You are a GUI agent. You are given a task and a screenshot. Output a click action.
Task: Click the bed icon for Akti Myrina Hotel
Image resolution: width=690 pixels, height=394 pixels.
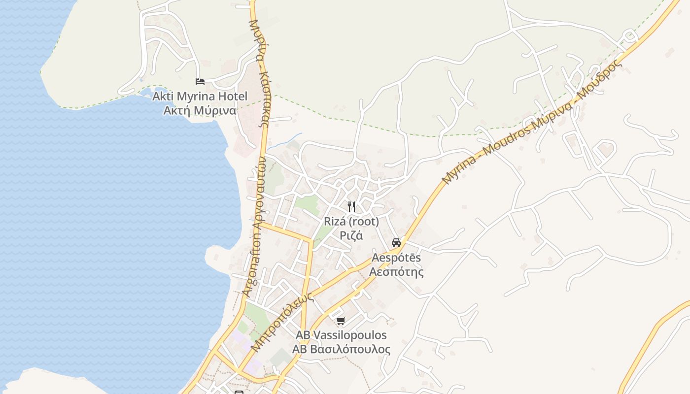pos(200,82)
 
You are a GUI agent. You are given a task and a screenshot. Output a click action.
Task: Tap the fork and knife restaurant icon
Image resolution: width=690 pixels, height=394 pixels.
pos(351,207)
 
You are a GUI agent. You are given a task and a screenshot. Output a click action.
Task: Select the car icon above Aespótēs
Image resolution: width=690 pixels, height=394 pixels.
pos(396,243)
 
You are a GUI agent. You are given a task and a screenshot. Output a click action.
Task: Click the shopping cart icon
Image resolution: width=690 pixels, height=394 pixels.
pos(341,321)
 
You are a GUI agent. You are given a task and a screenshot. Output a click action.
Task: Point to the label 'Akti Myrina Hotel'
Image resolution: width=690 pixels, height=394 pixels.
pos(200,96)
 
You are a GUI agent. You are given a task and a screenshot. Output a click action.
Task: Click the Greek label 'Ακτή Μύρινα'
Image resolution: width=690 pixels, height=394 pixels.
pos(200,110)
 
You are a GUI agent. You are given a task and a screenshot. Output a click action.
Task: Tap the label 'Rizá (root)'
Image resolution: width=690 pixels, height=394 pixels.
pos(351,222)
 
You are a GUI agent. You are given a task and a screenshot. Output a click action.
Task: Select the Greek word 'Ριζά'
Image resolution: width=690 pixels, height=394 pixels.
pos(351,235)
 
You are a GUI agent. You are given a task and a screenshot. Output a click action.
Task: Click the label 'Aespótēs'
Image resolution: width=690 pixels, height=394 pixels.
pos(396,258)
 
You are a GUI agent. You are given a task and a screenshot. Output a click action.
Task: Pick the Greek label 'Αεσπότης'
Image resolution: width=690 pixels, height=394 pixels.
pos(396,272)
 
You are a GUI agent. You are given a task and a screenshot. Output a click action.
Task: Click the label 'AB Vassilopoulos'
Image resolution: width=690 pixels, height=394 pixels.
pos(341,335)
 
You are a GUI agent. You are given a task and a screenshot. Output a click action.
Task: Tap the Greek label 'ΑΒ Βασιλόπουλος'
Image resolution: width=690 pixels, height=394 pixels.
pos(341,350)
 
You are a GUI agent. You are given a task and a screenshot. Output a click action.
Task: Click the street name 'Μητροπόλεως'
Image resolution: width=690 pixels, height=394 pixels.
pos(282,323)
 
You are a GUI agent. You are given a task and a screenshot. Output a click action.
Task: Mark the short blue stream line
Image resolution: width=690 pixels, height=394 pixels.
pos(284,141)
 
